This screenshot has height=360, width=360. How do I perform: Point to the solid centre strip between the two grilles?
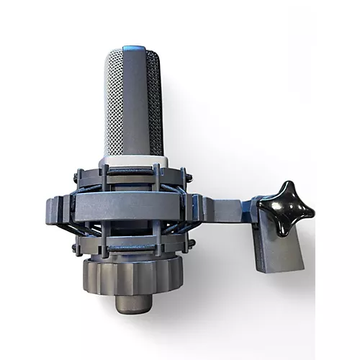pyautogui.click(x=135, y=101)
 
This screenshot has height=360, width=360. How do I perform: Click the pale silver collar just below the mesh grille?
pyautogui.click(x=133, y=160)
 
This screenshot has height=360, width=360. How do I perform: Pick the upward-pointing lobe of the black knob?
pyautogui.click(x=287, y=189)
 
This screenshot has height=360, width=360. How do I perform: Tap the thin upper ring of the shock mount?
pyautogui.click(x=133, y=175)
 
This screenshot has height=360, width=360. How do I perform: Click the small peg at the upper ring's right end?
pyautogui.click(x=189, y=172)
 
